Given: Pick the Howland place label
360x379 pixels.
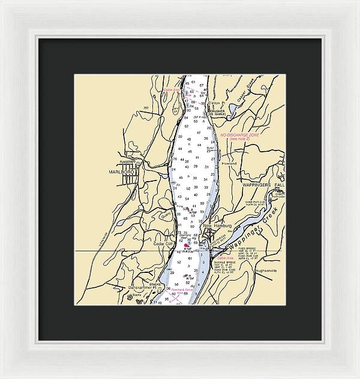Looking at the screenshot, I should pos(228,164).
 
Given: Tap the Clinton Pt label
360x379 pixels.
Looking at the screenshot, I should pos(215,103).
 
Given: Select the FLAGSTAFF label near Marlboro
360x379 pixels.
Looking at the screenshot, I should pos(126,161).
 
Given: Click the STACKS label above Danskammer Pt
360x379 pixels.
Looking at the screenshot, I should pos(155,284).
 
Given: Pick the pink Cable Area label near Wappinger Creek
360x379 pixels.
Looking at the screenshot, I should pos(225,258).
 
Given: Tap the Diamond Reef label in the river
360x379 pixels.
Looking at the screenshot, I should pos(185,236).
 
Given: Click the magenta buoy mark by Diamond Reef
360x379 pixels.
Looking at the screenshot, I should pos(187,245).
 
